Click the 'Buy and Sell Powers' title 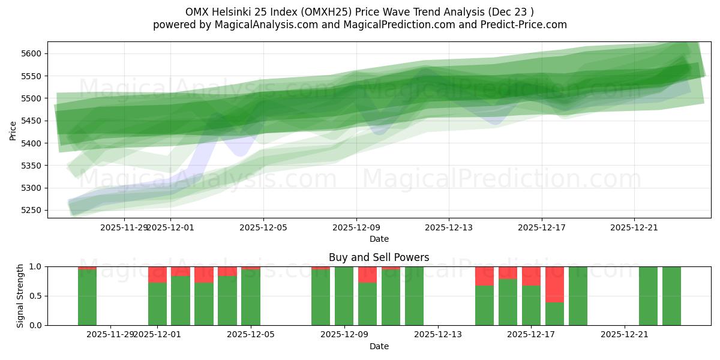379,257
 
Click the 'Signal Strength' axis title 20,296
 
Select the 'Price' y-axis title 13,130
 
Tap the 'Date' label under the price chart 379,239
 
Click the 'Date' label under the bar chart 379,346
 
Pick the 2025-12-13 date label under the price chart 449,227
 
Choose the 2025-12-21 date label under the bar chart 625,335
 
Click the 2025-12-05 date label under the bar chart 251,335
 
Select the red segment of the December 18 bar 554,284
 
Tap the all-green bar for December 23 671,296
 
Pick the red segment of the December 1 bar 157,274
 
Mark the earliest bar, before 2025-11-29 87,297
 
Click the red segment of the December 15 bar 484,276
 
